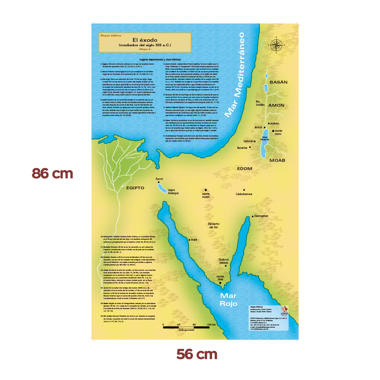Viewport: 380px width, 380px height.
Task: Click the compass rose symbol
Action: pos(276,45)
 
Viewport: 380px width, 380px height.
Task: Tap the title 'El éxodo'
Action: pos(145,40)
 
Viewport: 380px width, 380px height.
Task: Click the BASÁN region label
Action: pos(279,82)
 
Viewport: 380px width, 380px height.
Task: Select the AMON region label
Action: pos(276,105)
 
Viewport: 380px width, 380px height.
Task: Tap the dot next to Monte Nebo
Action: pos(273,131)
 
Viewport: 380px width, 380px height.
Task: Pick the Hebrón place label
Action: pos(248,141)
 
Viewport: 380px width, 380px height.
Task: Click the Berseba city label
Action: pos(242,148)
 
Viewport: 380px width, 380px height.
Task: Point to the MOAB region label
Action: pos(277,160)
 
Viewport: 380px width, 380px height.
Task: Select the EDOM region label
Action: pos(244,168)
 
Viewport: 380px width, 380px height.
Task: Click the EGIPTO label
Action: pos(135,188)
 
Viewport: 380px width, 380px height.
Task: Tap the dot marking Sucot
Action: pos(159,182)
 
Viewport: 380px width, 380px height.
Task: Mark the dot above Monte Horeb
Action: pos(206,190)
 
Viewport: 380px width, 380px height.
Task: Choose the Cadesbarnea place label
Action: pos(244,194)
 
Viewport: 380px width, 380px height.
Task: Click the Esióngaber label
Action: pos(261,216)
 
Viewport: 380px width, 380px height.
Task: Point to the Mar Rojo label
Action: pos(229,300)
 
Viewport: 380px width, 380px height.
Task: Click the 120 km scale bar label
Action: pos(211,325)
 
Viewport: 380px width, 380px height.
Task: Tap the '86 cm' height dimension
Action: pos(53,174)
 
